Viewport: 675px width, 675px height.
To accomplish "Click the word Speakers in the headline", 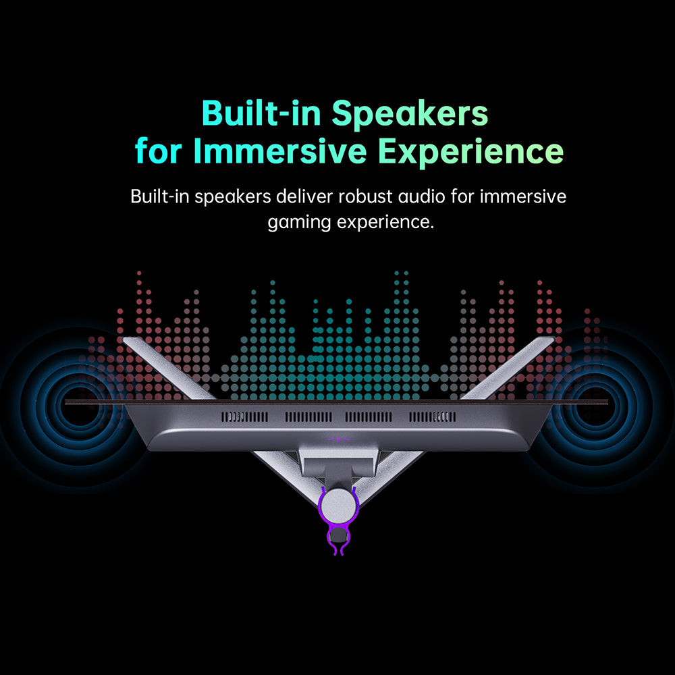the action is [x=410, y=113].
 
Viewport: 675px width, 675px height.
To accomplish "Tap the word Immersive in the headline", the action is [x=280, y=151].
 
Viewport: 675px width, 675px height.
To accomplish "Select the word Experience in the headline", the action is [x=470, y=152].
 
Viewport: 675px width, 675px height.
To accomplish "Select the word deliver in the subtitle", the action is [x=304, y=196].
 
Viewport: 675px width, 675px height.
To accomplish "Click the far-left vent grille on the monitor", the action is [x=244, y=416].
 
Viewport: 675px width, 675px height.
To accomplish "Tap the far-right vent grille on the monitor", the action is [x=432, y=416].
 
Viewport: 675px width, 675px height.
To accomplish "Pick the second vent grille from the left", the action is [x=308, y=416].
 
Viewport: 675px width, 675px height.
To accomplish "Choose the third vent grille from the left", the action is [x=369, y=416].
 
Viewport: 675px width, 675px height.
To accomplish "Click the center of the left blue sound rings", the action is [x=79, y=406].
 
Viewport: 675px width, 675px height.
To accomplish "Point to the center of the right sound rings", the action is [x=596, y=406].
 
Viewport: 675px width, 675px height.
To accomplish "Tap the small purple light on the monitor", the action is [x=338, y=439].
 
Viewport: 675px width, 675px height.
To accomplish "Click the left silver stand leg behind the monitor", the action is [x=169, y=369].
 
